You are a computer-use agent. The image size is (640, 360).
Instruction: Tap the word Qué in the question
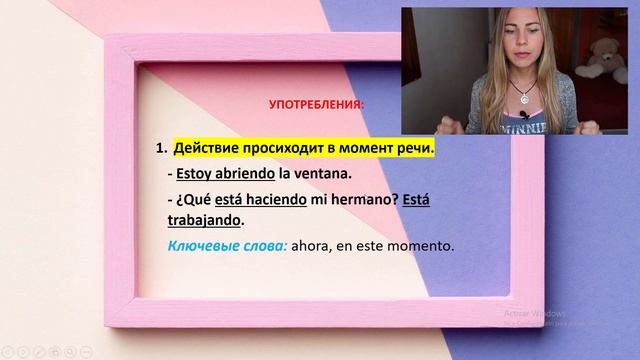click(195, 200)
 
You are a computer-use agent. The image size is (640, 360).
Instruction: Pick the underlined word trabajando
click(215, 220)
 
